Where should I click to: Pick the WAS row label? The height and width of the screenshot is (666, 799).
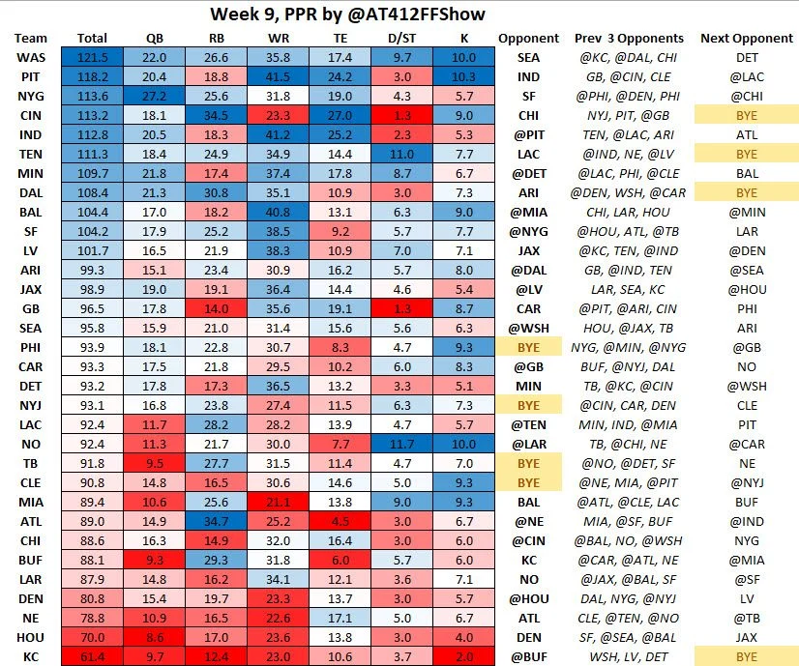click(x=29, y=58)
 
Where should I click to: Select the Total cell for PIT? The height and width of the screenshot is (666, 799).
click(x=92, y=76)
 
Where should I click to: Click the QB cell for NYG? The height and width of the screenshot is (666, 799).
click(x=154, y=96)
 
